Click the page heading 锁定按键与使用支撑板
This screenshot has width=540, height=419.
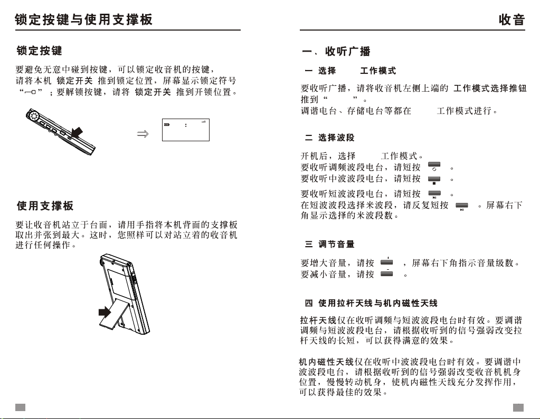click(x=84, y=20)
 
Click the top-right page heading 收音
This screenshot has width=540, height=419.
click(x=511, y=20)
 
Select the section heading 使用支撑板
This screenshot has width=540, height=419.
click(x=45, y=206)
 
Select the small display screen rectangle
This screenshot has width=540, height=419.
click(x=186, y=130)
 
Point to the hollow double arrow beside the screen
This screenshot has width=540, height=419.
click(x=142, y=134)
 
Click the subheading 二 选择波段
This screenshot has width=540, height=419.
click(x=330, y=138)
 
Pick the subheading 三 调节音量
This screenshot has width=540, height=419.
click(x=330, y=245)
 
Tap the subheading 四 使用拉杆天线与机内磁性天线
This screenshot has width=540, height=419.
click(x=371, y=303)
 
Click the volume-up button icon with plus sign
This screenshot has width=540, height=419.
click(x=387, y=261)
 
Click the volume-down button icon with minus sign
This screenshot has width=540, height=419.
click(x=387, y=273)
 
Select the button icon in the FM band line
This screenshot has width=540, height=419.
click(x=434, y=167)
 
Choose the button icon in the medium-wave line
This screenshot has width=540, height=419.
click(x=434, y=179)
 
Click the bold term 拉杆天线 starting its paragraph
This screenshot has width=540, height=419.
click(x=318, y=320)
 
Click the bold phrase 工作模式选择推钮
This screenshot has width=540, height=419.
click(x=490, y=87)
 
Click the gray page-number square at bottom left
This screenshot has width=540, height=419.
click(x=20, y=407)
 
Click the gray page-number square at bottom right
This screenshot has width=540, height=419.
click(x=519, y=407)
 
